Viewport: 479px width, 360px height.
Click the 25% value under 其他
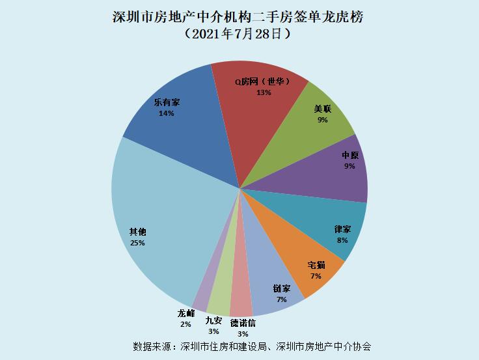point(137,243)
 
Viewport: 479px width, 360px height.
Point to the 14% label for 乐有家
point(167,113)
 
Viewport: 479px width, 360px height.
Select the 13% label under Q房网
point(264,92)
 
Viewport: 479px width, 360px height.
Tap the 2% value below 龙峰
point(185,324)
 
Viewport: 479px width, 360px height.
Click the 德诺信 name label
point(243,323)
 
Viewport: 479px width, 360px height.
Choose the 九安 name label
point(213,320)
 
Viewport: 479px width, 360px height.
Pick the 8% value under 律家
point(342,240)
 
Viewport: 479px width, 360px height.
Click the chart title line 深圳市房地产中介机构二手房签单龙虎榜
point(238,17)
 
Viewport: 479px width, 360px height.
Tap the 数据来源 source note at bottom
point(252,346)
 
